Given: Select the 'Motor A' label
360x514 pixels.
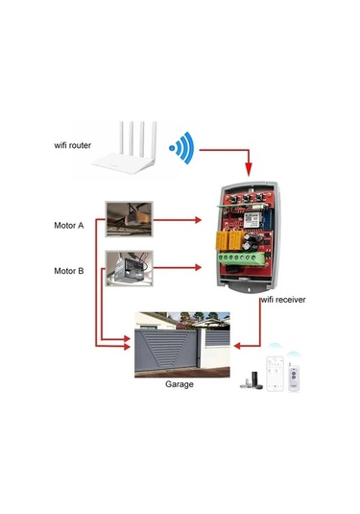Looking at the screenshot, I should coord(68,226).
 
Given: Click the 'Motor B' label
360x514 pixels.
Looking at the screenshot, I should coord(68,271).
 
